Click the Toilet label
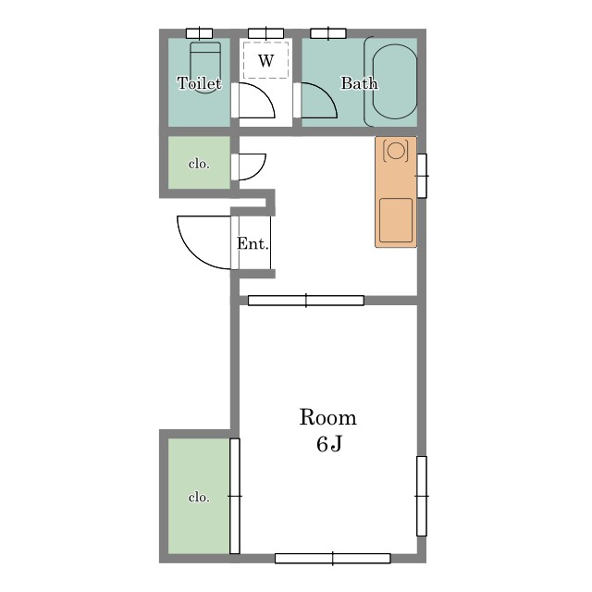pyautogui.click(x=199, y=83)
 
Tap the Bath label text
pyautogui.click(x=359, y=83)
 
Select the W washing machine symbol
pyautogui.click(x=266, y=60)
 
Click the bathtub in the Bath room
pyautogui.click(x=395, y=81)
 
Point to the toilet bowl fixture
pyautogui.click(x=205, y=68)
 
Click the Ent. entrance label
pyautogui.click(x=253, y=243)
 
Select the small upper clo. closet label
pyautogui.click(x=199, y=164)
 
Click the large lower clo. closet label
pyautogui.click(x=199, y=498)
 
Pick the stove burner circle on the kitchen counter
pyautogui.click(x=396, y=151)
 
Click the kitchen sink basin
pyautogui.click(x=396, y=220)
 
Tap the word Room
pyautogui.click(x=327, y=417)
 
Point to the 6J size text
pyautogui.click(x=329, y=444)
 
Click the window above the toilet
pyautogui.click(x=200, y=33)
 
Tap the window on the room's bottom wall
pyautogui.click(x=333, y=559)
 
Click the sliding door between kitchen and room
pyautogui.click(x=306, y=301)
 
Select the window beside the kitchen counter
pyautogui.click(x=422, y=176)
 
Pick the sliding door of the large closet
pyautogui.click(x=234, y=496)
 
